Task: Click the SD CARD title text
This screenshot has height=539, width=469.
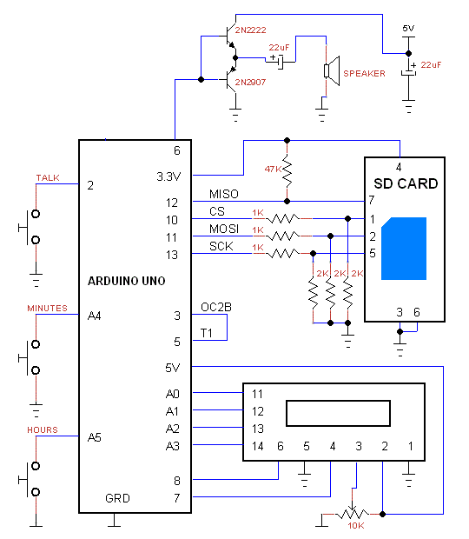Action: coord(406,184)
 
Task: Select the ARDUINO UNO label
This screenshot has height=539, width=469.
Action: coord(126,281)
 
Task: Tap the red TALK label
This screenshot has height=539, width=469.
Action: coord(48,177)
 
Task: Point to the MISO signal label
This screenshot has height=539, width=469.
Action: coord(224,194)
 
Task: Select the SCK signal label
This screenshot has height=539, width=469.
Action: coord(221,247)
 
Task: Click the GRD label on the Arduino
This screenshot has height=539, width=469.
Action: coord(118,499)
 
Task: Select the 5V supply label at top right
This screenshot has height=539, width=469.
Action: coord(409,29)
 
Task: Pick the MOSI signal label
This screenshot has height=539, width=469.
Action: coord(223,229)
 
